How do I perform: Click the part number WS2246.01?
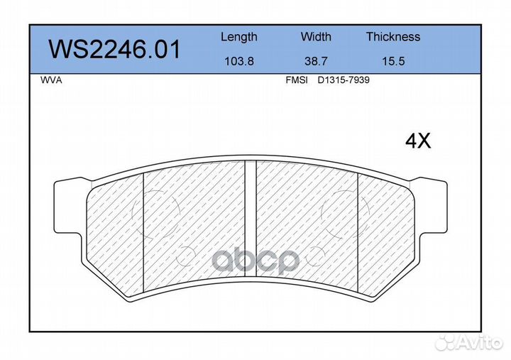pos(114,50)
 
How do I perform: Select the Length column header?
pos(239,37)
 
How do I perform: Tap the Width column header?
pos(316,36)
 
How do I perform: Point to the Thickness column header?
pos(393,36)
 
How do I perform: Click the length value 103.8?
pos(239,61)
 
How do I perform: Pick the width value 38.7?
pos(316,61)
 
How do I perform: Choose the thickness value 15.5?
pos(393,61)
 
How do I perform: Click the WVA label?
pos(51,80)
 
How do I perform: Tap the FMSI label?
pos(297,80)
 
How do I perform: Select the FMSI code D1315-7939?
pos(344,80)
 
